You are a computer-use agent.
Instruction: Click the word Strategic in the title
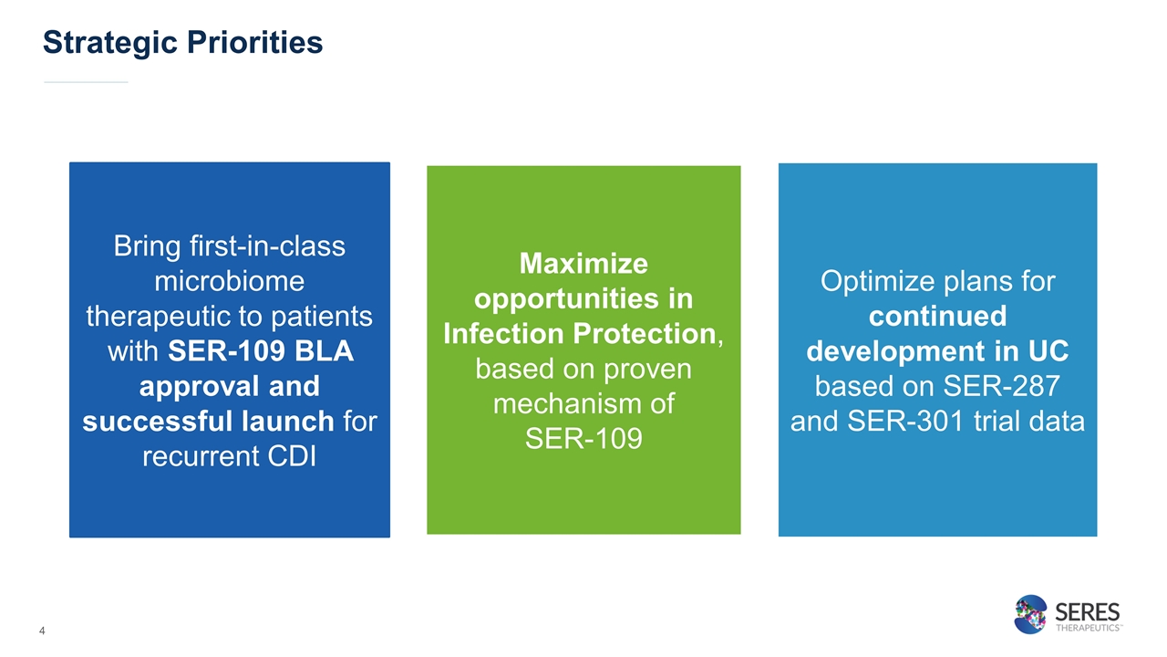[x=110, y=43]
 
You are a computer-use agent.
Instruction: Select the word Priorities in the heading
[x=254, y=42]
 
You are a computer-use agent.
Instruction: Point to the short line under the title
[x=86, y=82]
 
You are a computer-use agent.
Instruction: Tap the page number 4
[x=42, y=631]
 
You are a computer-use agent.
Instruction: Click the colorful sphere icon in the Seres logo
[x=1030, y=614]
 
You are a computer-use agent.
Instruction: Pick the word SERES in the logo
[x=1088, y=611]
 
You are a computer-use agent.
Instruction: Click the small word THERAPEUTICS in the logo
[x=1088, y=628]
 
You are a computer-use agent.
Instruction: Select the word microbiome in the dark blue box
[x=229, y=282]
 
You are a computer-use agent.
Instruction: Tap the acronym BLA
[x=324, y=351]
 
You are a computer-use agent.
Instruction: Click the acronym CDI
[x=293, y=456]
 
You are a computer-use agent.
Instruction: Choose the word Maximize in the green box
[x=583, y=264]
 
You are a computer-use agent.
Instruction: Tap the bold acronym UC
[x=1048, y=351]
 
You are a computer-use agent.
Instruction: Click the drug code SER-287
[x=1001, y=386]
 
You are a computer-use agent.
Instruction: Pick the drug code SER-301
[x=906, y=421]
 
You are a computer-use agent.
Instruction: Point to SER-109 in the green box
[x=583, y=439]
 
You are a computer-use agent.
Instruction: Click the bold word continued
[x=938, y=316]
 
